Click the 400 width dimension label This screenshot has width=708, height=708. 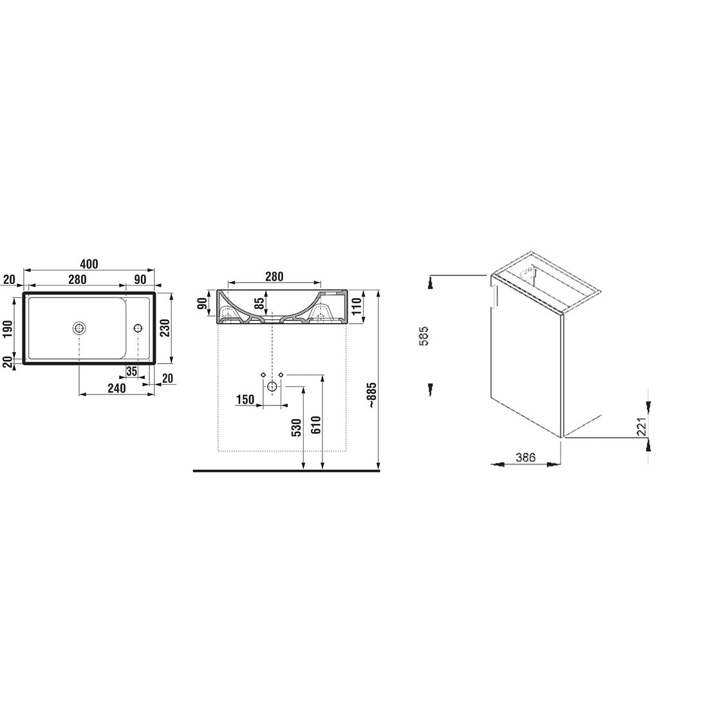click(89, 264)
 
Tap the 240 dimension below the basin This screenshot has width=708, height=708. click(116, 388)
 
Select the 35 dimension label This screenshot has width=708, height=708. click(131, 371)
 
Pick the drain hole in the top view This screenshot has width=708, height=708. click(79, 328)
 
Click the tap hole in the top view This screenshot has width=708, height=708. click(138, 328)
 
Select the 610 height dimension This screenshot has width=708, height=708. click(315, 425)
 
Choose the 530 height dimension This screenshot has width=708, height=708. click(296, 427)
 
